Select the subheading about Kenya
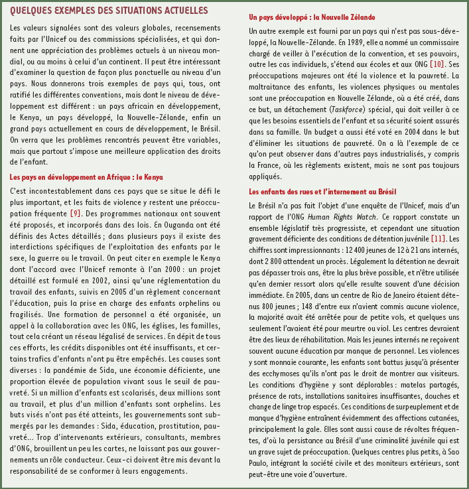tap(86, 177)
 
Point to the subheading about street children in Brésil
tap(323, 191)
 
